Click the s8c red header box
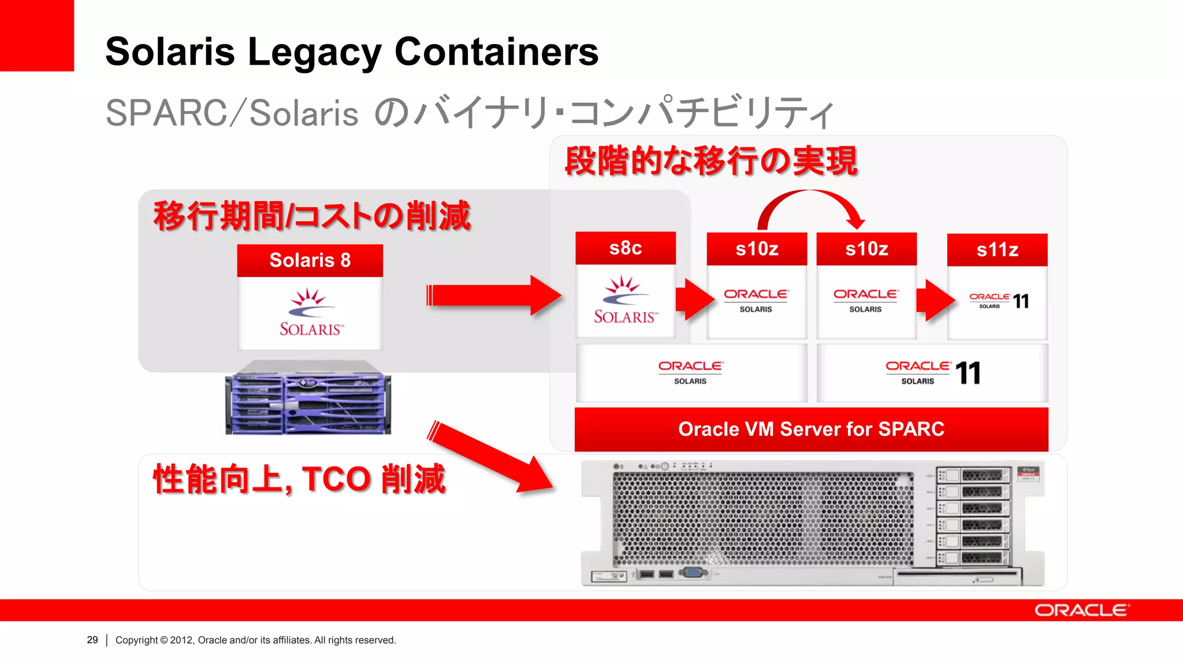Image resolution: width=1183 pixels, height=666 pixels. click(626, 248)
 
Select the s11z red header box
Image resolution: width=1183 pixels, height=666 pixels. click(997, 250)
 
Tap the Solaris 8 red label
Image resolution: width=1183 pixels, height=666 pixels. click(310, 260)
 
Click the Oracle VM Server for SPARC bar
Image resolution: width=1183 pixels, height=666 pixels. click(811, 429)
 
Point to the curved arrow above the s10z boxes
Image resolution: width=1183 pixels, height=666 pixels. click(811, 202)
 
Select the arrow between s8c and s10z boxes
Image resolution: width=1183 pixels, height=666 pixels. click(695, 299)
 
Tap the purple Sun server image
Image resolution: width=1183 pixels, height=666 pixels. click(308, 398)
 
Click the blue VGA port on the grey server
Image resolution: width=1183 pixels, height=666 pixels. click(693, 573)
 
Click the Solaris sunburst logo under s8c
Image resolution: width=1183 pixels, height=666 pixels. click(624, 300)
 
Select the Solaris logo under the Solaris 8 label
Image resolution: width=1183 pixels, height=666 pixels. click(310, 313)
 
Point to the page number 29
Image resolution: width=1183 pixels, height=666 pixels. click(92, 640)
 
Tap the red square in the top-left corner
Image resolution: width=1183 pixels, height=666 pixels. click(36, 35)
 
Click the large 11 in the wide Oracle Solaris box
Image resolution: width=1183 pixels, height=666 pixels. click(968, 373)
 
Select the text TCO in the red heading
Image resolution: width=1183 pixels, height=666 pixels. click(336, 479)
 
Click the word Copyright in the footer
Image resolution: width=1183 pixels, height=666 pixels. click(136, 640)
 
